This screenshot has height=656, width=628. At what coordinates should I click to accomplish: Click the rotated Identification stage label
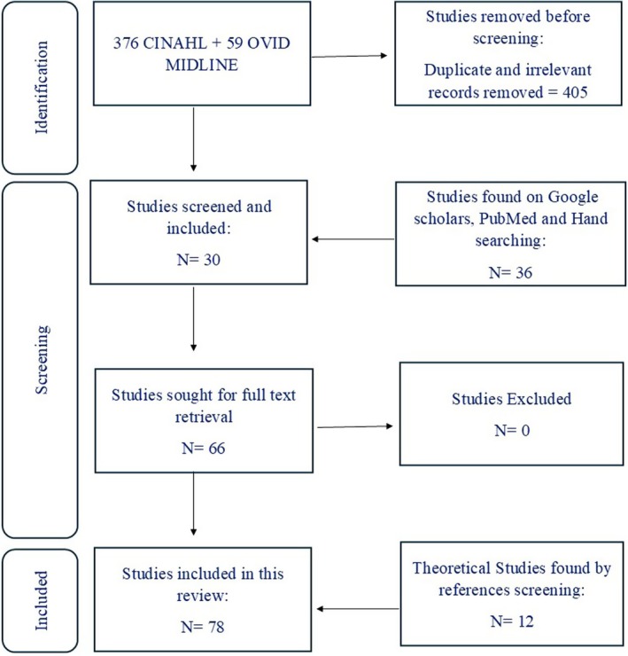pos(41,87)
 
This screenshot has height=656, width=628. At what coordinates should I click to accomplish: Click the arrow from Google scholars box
pos(355,238)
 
